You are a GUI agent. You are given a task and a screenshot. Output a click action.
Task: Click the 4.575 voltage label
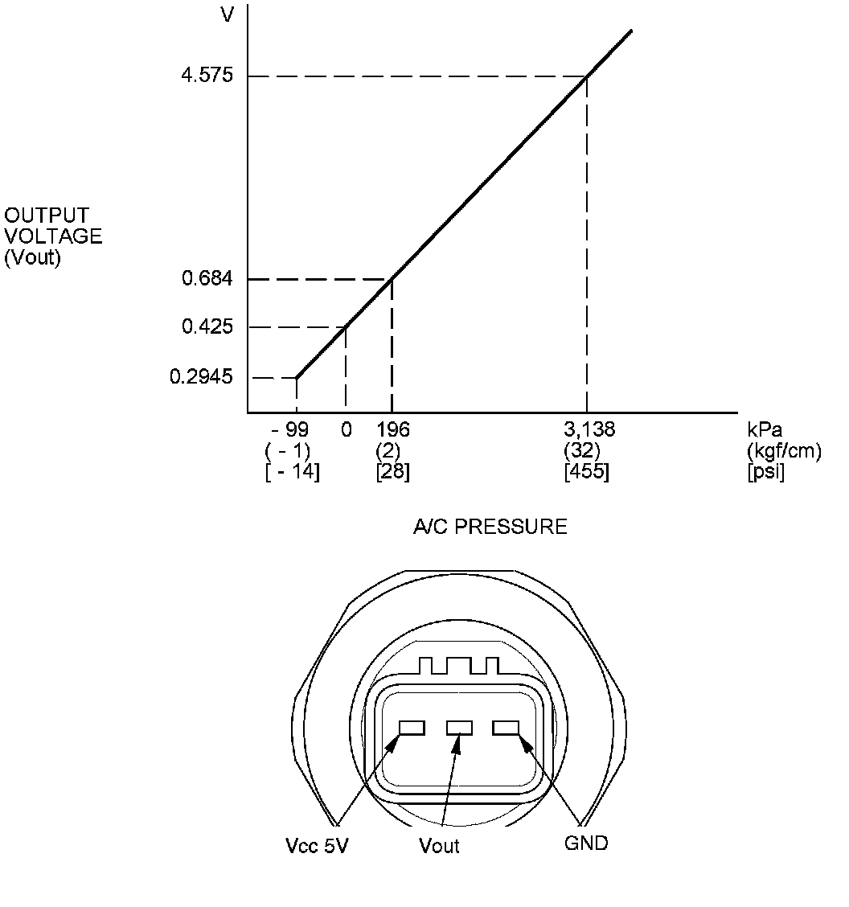pyautogui.click(x=207, y=76)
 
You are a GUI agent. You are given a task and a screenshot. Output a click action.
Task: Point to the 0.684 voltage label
pyautogui.click(x=207, y=278)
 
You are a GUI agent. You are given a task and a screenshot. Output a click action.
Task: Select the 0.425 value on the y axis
pyautogui.click(x=207, y=326)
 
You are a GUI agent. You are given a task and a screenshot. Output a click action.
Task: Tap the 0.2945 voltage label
pyautogui.click(x=201, y=376)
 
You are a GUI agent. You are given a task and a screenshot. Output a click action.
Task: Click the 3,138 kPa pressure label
pyautogui.click(x=589, y=429)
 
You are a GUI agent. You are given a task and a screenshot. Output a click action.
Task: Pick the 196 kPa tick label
pyautogui.click(x=393, y=429)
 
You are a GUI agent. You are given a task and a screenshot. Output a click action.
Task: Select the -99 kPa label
pyautogui.click(x=290, y=429)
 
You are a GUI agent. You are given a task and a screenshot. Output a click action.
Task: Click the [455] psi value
pyautogui.click(x=587, y=471)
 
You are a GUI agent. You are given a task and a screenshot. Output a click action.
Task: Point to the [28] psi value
pyautogui.click(x=393, y=471)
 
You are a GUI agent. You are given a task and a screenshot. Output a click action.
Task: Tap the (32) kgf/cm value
pyautogui.click(x=582, y=450)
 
